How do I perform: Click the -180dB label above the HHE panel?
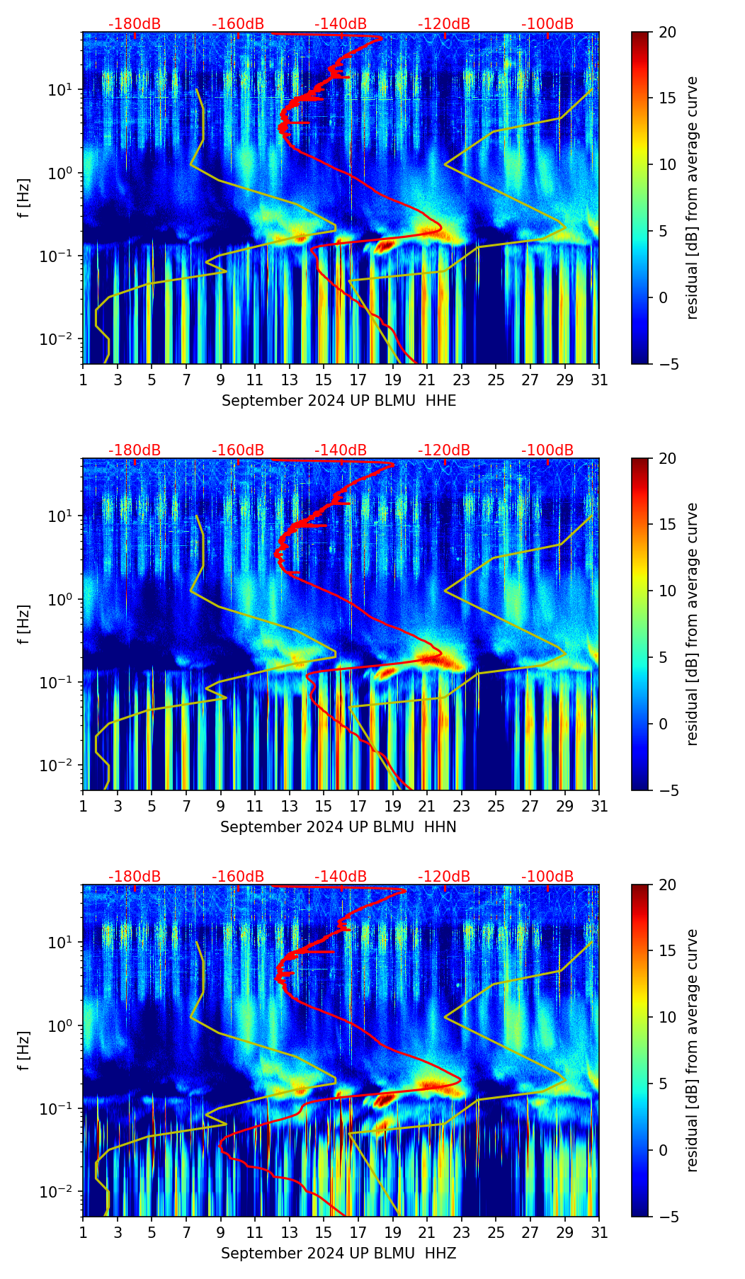click(x=135, y=24)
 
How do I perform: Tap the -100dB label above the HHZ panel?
click(x=547, y=877)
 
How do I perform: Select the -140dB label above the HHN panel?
click(x=341, y=450)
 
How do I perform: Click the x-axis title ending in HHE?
click(x=339, y=401)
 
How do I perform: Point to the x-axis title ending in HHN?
click(x=338, y=827)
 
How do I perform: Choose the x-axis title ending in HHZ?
click(x=338, y=1254)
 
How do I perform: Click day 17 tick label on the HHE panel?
click(x=358, y=380)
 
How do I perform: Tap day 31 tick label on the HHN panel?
click(x=599, y=806)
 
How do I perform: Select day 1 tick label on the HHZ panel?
click(x=84, y=1232)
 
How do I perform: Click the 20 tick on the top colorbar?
click(x=667, y=32)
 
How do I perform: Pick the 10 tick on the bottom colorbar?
click(x=667, y=1017)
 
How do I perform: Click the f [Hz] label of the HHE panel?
click(x=24, y=198)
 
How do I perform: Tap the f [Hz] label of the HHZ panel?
click(x=24, y=1050)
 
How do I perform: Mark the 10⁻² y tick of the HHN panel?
click(x=62, y=766)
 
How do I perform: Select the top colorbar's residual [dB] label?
click(x=692, y=198)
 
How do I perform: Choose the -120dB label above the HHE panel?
click(x=444, y=24)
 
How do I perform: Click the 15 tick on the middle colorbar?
click(x=667, y=524)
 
